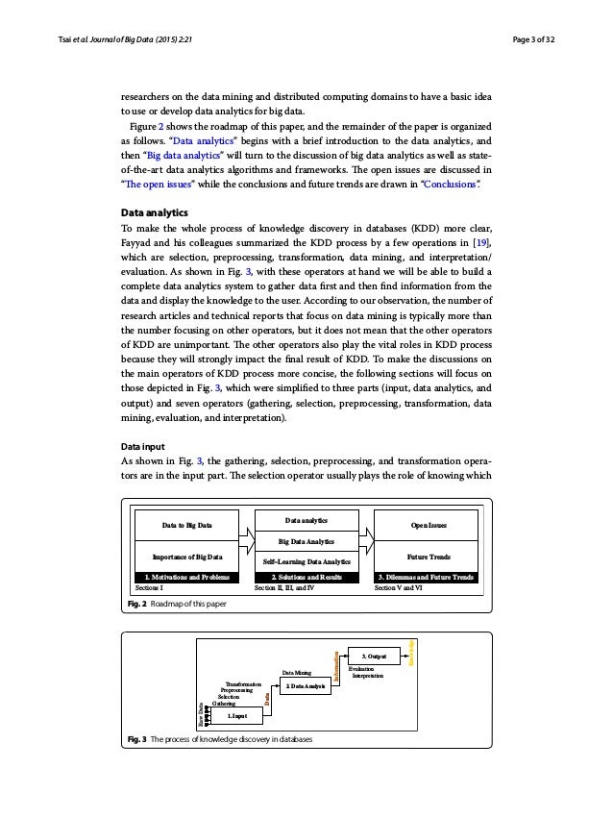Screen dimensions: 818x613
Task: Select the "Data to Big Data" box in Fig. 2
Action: point(186,527)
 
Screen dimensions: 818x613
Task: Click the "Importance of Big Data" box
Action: point(186,558)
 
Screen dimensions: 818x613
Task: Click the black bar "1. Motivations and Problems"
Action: point(186,577)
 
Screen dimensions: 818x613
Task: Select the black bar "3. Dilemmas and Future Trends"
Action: point(425,577)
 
